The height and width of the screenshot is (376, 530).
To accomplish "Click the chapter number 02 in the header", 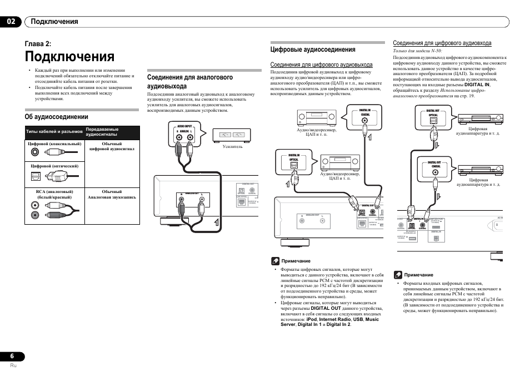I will pos(11,22).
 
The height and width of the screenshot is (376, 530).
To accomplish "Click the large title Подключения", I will pos(70,56).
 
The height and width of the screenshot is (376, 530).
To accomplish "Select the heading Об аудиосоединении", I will pos(57,117).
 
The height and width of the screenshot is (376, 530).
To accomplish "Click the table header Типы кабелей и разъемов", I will pos(54,132).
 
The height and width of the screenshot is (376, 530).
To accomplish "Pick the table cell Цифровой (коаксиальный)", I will pos(54,144).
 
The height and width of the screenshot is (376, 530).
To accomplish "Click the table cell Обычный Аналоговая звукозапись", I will pos(111,194).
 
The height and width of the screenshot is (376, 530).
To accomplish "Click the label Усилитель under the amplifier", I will pos(233,147).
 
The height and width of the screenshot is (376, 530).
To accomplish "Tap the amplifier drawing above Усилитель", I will pos(233,135).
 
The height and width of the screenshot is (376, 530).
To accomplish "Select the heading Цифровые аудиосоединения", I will pos(313,50).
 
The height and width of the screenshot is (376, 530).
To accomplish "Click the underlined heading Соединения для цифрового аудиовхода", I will pos(442,43).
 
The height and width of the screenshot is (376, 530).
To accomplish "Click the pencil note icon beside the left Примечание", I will pos(275,261).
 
